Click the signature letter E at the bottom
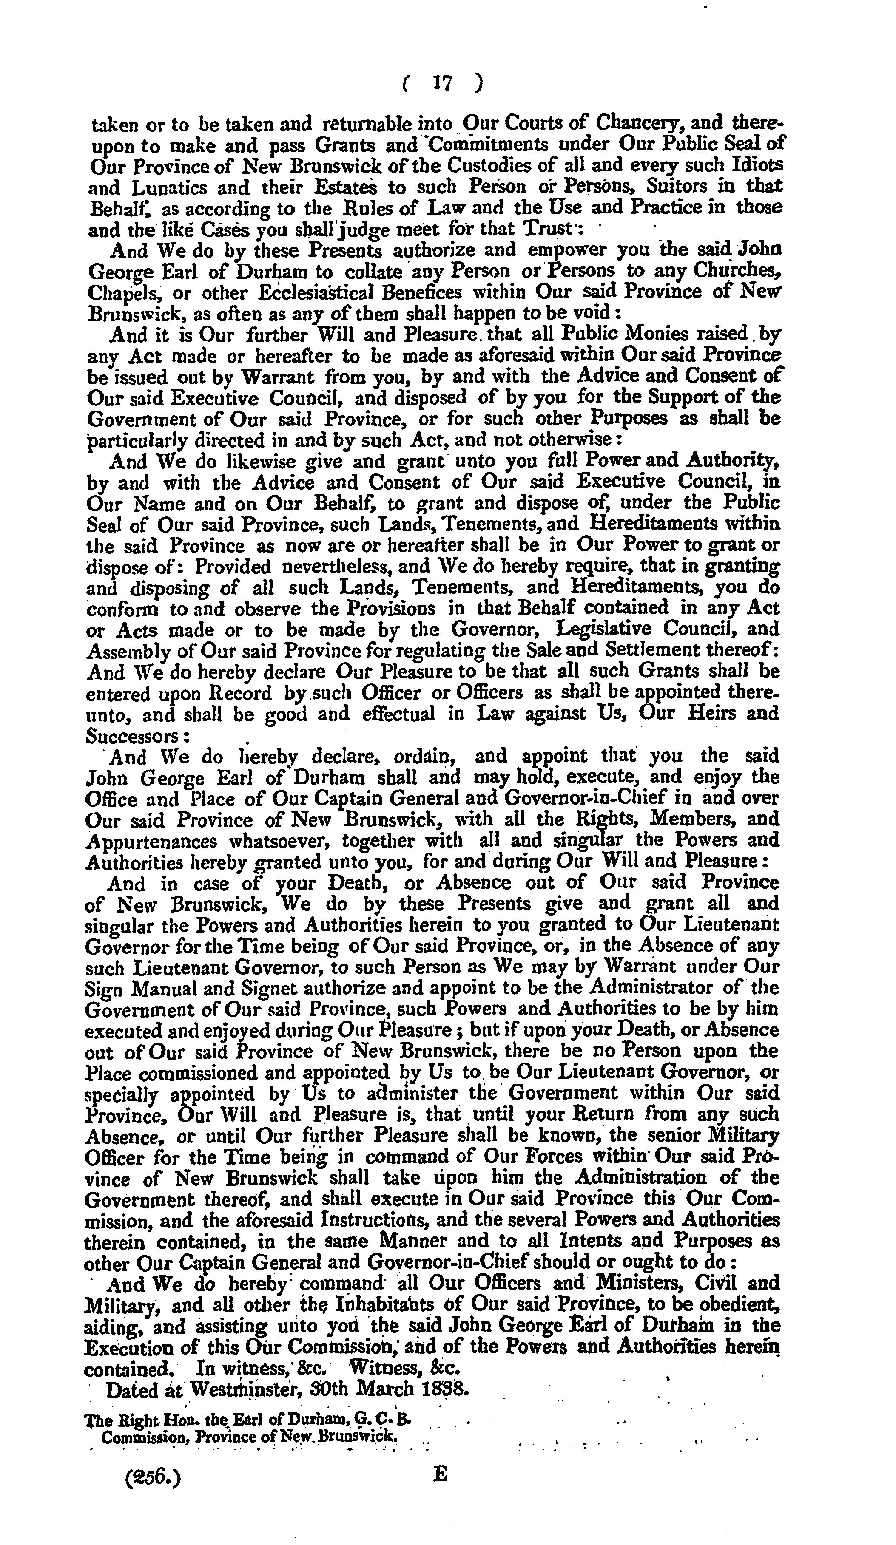click(x=440, y=1474)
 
